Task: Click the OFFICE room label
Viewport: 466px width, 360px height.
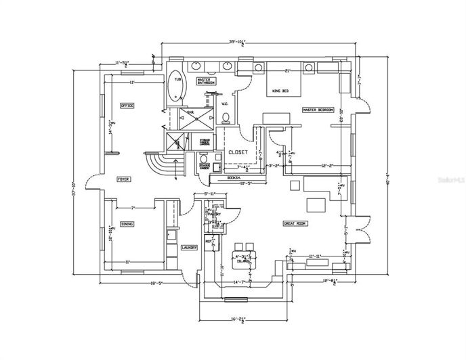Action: click(x=127, y=106)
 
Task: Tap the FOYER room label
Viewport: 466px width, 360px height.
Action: click(x=123, y=179)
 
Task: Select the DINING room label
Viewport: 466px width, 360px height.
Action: click(x=127, y=224)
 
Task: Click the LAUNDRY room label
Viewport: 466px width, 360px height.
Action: click(x=189, y=248)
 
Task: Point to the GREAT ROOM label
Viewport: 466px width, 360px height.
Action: click(x=295, y=223)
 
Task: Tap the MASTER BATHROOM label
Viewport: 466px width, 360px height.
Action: click(x=206, y=81)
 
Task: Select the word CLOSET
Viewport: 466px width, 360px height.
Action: click(x=237, y=152)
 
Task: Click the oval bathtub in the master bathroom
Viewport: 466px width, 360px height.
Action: click(x=175, y=87)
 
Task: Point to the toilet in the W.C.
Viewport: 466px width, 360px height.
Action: click(x=227, y=117)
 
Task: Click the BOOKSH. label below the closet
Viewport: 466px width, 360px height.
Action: click(x=234, y=178)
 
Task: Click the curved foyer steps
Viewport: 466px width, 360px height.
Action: click(x=160, y=164)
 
